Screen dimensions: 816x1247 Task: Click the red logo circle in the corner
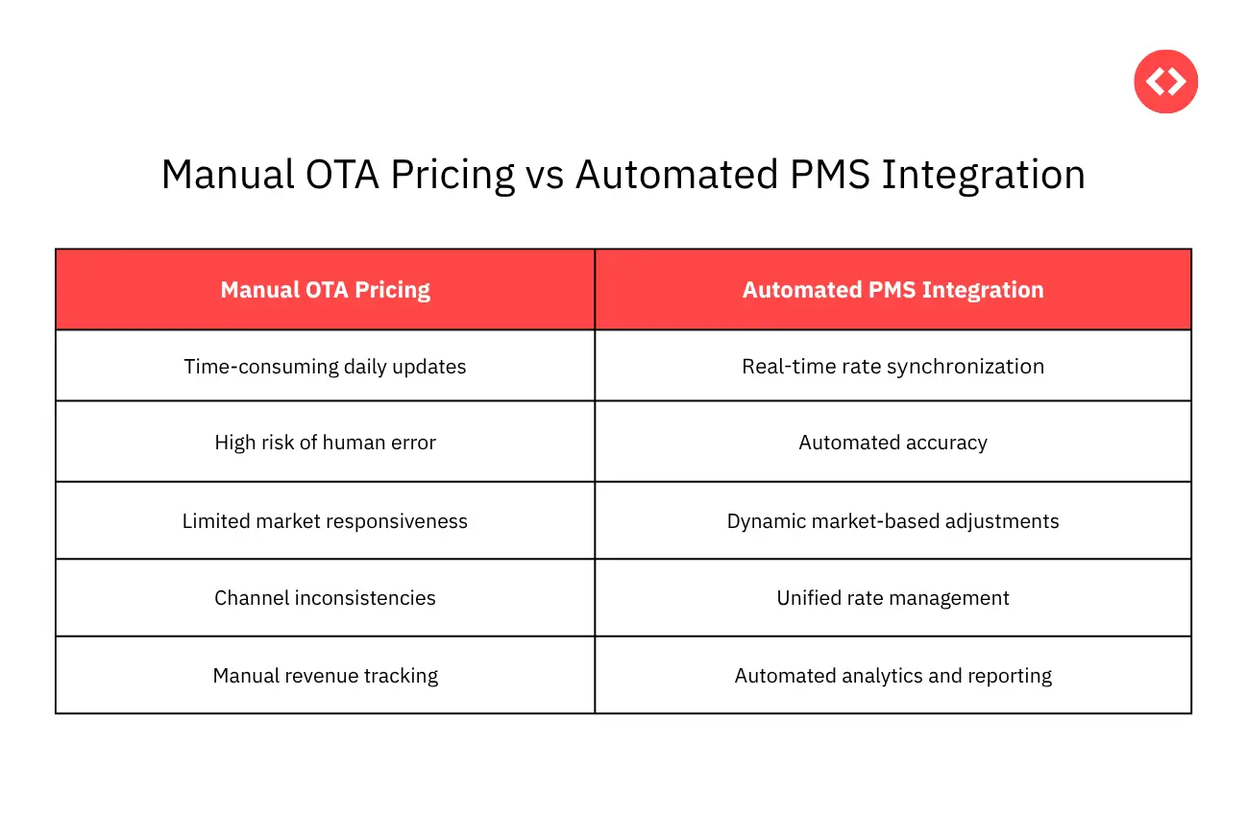point(1166,82)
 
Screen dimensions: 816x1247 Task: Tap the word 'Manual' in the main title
point(228,176)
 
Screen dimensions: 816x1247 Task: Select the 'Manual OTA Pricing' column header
point(325,290)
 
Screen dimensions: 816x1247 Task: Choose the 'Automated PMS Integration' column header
point(892,290)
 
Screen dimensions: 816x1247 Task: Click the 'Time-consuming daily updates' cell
point(325,367)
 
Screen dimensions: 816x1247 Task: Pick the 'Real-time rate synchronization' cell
point(892,367)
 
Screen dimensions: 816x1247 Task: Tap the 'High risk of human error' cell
point(325,443)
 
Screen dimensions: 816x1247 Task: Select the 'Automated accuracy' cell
point(892,443)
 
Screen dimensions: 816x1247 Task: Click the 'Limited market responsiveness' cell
point(325,521)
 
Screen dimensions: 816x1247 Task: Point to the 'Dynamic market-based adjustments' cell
point(892,521)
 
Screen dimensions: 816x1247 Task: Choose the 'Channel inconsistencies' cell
point(325,598)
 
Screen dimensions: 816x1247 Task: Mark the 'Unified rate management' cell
point(892,598)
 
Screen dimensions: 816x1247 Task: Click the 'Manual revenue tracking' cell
point(325,676)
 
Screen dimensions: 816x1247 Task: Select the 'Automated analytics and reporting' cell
point(892,676)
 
